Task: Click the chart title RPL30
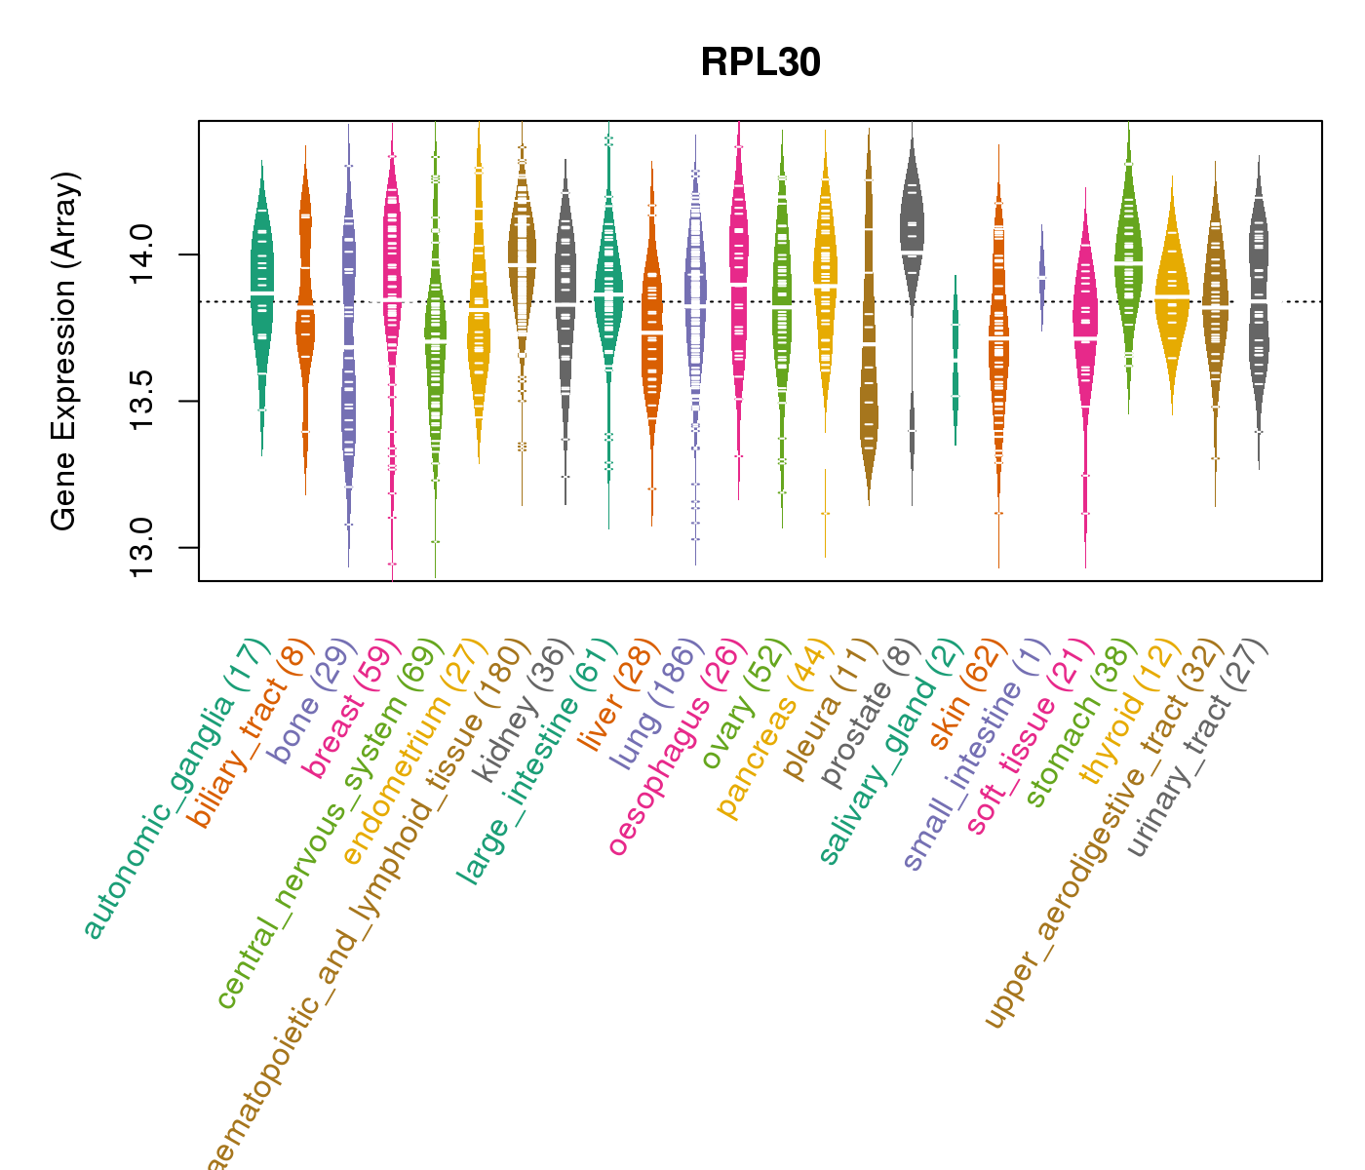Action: (x=760, y=63)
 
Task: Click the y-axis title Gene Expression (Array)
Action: (x=64, y=351)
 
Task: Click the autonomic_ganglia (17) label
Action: (x=175, y=790)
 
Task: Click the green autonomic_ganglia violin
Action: (x=261, y=292)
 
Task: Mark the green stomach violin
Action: (x=1129, y=263)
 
